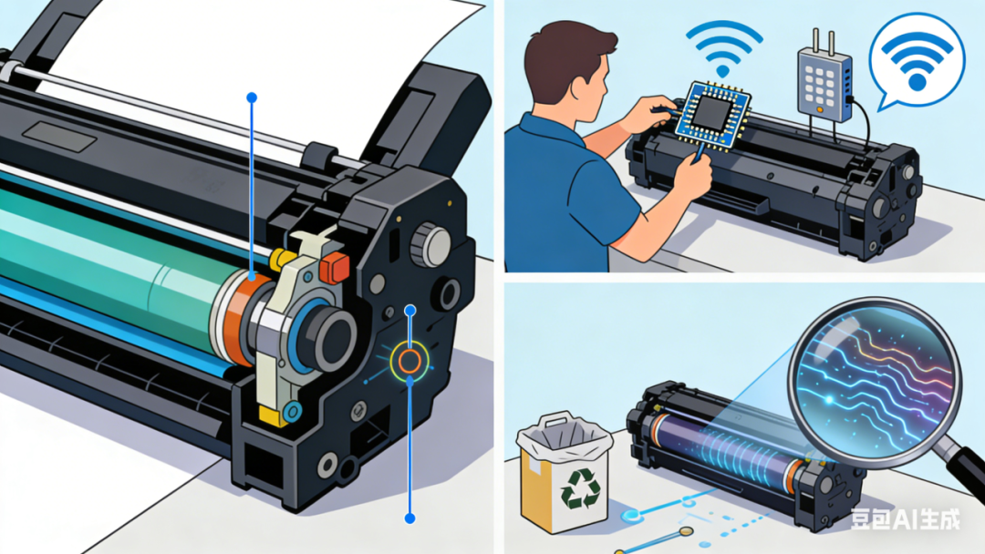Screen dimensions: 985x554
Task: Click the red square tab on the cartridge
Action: (x=334, y=267)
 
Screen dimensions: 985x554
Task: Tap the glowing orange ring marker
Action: (x=410, y=361)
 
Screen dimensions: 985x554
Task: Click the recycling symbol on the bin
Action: (x=581, y=488)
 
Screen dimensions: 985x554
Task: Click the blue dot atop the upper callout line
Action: (x=252, y=97)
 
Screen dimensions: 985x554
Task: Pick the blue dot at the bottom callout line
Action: (x=410, y=518)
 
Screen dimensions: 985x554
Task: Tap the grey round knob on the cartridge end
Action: (x=431, y=246)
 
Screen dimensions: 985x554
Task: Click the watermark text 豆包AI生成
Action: (x=906, y=518)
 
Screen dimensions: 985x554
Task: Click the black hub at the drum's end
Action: (x=330, y=336)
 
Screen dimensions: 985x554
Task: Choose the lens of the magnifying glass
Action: (x=876, y=383)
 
